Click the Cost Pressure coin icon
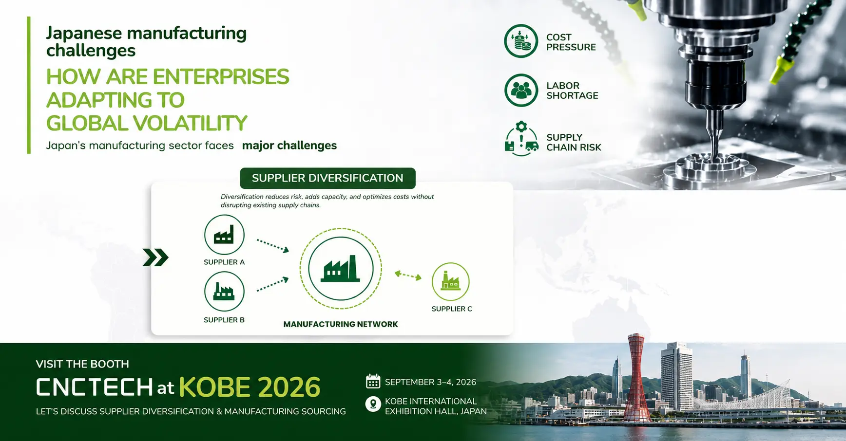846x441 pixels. (521, 41)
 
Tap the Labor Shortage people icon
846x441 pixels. (521, 90)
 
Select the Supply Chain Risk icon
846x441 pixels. (521, 139)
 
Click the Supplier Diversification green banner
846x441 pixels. (327, 178)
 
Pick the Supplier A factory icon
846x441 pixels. (224, 235)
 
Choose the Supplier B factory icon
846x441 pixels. (224, 292)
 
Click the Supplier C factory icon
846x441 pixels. (451, 281)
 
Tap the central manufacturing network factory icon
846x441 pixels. (341, 269)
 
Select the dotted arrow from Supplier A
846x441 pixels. (273, 245)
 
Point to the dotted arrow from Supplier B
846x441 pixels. (273, 284)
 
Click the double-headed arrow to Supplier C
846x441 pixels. (408, 276)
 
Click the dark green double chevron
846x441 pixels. (155, 257)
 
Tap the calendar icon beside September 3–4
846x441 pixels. (373, 382)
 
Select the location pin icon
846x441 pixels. (373, 404)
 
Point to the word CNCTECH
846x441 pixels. (95, 387)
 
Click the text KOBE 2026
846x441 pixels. (250, 387)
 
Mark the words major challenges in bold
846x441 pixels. (289, 146)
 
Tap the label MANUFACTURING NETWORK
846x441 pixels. (341, 324)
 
